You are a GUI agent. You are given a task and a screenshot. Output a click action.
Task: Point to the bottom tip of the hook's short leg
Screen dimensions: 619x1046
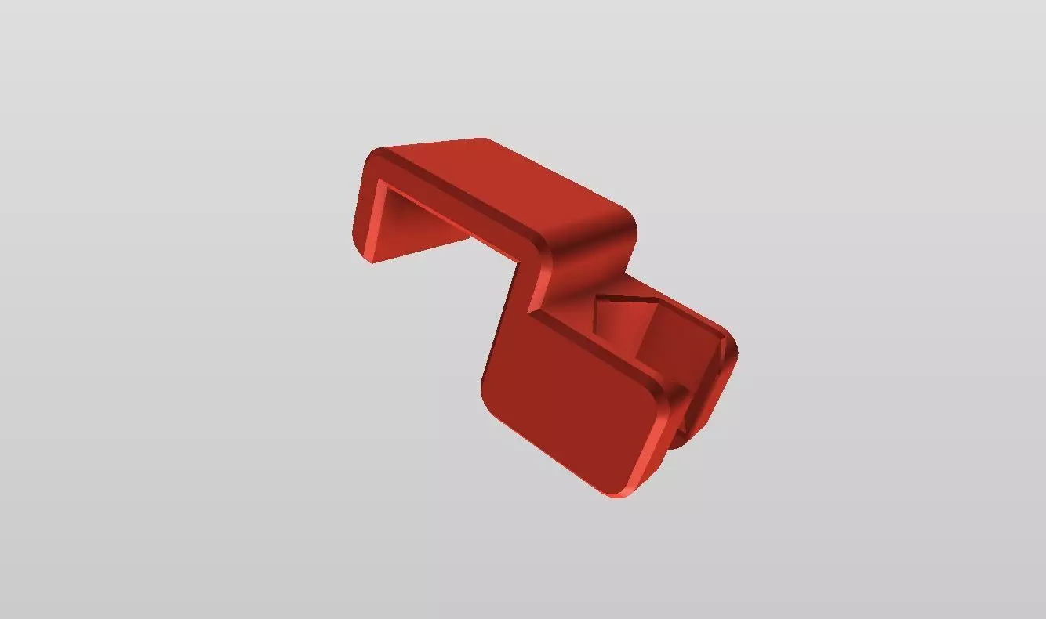(x=371, y=259)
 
